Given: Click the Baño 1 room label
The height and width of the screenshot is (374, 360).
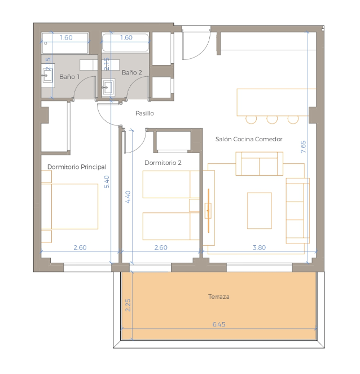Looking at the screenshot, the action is (x=69, y=77).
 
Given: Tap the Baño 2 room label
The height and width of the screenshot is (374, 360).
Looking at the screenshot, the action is (x=131, y=72).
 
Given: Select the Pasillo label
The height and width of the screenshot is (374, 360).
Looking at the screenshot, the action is (x=144, y=114).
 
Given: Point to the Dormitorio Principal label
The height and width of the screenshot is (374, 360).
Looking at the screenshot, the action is (x=77, y=167).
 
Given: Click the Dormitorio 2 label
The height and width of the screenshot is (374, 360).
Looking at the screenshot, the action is (x=163, y=163).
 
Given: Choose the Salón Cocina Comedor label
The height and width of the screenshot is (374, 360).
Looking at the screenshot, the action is (x=249, y=139).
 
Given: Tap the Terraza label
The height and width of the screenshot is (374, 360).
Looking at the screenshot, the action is (x=219, y=297).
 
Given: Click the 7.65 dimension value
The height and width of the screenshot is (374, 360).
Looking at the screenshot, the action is (x=303, y=147).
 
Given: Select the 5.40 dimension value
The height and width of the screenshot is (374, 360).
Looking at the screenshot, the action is (x=107, y=182).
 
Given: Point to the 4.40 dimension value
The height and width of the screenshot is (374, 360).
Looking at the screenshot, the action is (x=128, y=197).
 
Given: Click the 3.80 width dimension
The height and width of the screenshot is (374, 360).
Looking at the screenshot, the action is (x=259, y=247).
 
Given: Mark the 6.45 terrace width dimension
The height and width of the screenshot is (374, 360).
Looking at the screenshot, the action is (x=219, y=324).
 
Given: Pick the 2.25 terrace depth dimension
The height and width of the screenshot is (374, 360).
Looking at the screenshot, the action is (x=128, y=305).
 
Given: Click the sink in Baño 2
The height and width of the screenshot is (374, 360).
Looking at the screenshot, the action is (x=108, y=88).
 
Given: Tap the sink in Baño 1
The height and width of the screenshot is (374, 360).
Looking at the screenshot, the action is (x=47, y=75).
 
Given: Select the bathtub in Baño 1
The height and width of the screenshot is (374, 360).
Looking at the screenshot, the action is (x=65, y=44).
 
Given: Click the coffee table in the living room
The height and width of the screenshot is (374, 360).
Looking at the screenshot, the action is (x=260, y=211).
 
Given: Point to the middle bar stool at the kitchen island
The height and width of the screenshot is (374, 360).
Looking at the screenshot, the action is (x=272, y=120).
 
